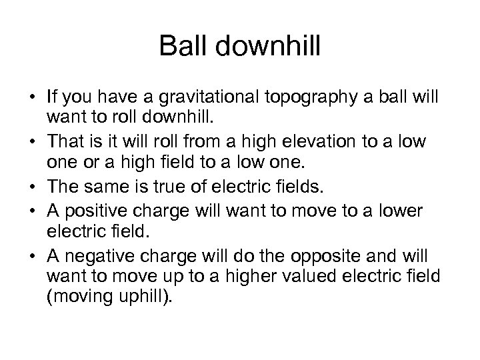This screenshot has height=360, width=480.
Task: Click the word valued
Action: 312,276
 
